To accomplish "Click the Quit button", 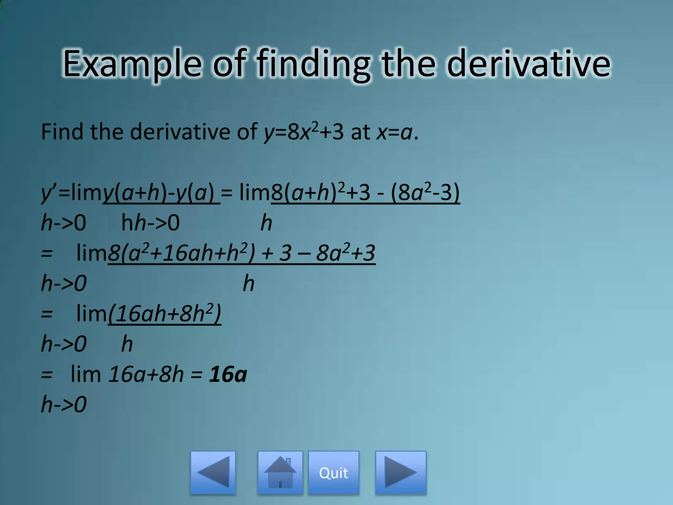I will (x=333, y=473).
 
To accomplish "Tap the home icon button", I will (x=280, y=473).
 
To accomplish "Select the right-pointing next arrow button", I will (x=401, y=473).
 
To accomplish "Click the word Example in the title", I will (x=132, y=64).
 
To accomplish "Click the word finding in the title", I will (x=313, y=64).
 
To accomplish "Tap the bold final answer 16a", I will (x=228, y=374).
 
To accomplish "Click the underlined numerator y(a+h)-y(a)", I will (x=161, y=193).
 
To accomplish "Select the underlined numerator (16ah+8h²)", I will (x=165, y=314).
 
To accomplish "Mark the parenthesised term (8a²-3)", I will (x=425, y=193).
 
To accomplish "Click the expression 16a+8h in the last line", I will (x=146, y=374).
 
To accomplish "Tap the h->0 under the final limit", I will (x=64, y=404).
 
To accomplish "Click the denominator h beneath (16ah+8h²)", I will (x=127, y=344).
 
